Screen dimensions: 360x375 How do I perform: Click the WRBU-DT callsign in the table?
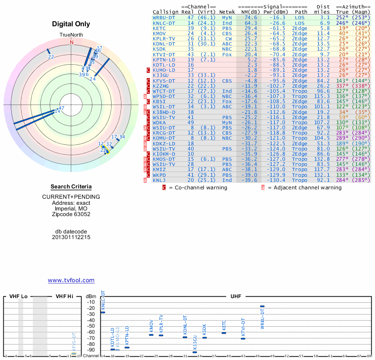(164, 17)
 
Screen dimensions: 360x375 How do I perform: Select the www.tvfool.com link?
(71, 280)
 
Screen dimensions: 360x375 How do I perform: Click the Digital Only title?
(71, 24)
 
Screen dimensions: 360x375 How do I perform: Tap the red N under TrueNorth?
(72, 42)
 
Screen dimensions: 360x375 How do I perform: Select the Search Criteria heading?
(71, 187)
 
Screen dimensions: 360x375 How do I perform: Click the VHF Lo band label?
(18, 297)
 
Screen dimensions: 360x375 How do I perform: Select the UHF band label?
(236, 297)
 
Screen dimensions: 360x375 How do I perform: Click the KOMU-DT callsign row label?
(164, 138)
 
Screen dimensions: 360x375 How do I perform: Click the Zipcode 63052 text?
(71, 214)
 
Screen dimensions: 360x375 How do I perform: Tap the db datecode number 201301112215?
(71, 237)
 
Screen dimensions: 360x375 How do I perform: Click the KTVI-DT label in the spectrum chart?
(243, 327)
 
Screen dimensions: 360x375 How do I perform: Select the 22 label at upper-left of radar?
(51, 57)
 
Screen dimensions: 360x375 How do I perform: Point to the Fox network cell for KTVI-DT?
(227, 54)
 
